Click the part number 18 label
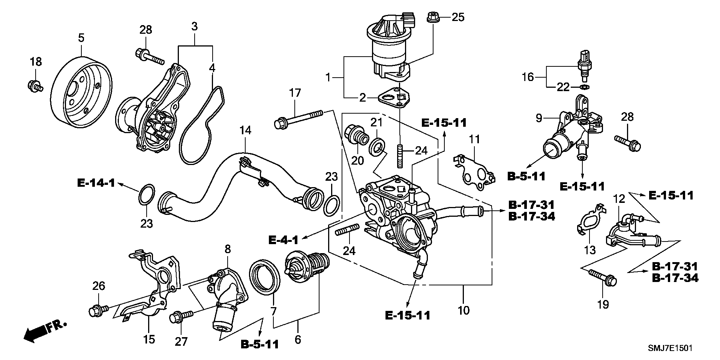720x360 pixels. (x=36, y=62)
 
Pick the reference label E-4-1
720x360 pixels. (x=283, y=239)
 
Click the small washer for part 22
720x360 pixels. (x=584, y=87)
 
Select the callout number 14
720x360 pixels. (x=245, y=130)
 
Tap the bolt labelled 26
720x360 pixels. (x=98, y=309)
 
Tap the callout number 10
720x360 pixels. (x=463, y=310)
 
